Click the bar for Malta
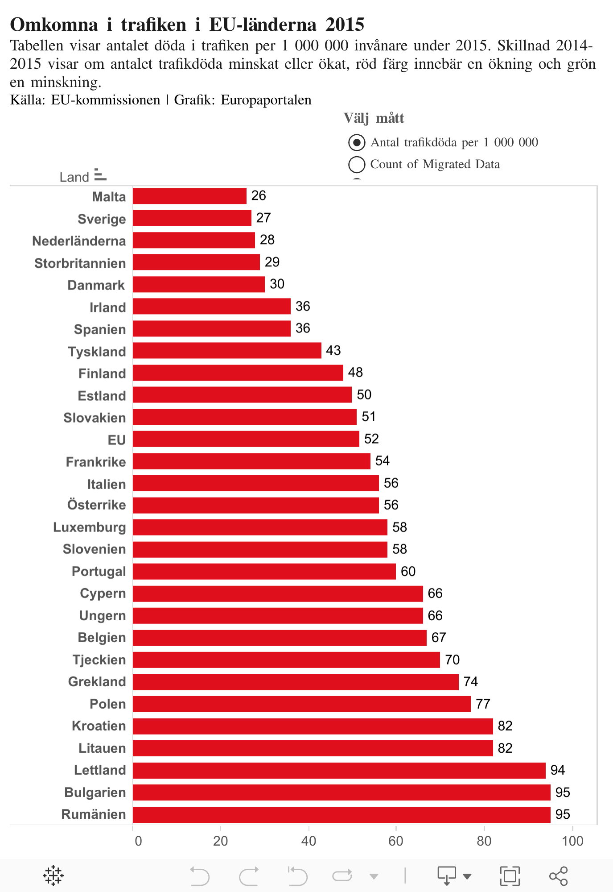tap(189, 196)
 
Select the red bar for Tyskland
tap(227, 351)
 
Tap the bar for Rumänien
tap(341, 814)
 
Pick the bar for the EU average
tap(246, 439)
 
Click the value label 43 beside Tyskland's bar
tap(333, 351)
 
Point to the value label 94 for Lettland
tap(558, 770)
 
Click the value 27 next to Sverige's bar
tap(263, 218)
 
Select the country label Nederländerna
tap(79, 241)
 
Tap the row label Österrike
tap(96, 505)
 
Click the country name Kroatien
tap(99, 726)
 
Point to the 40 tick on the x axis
tap(309, 841)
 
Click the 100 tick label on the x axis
tap(572, 841)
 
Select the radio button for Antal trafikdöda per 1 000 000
tap(357, 143)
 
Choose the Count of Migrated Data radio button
tap(357, 164)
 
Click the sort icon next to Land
tap(100, 175)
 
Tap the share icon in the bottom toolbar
tap(559, 876)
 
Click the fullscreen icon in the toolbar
tap(510, 876)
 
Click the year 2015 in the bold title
tap(345, 25)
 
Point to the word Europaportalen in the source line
tap(266, 100)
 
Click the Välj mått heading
tap(374, 118)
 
